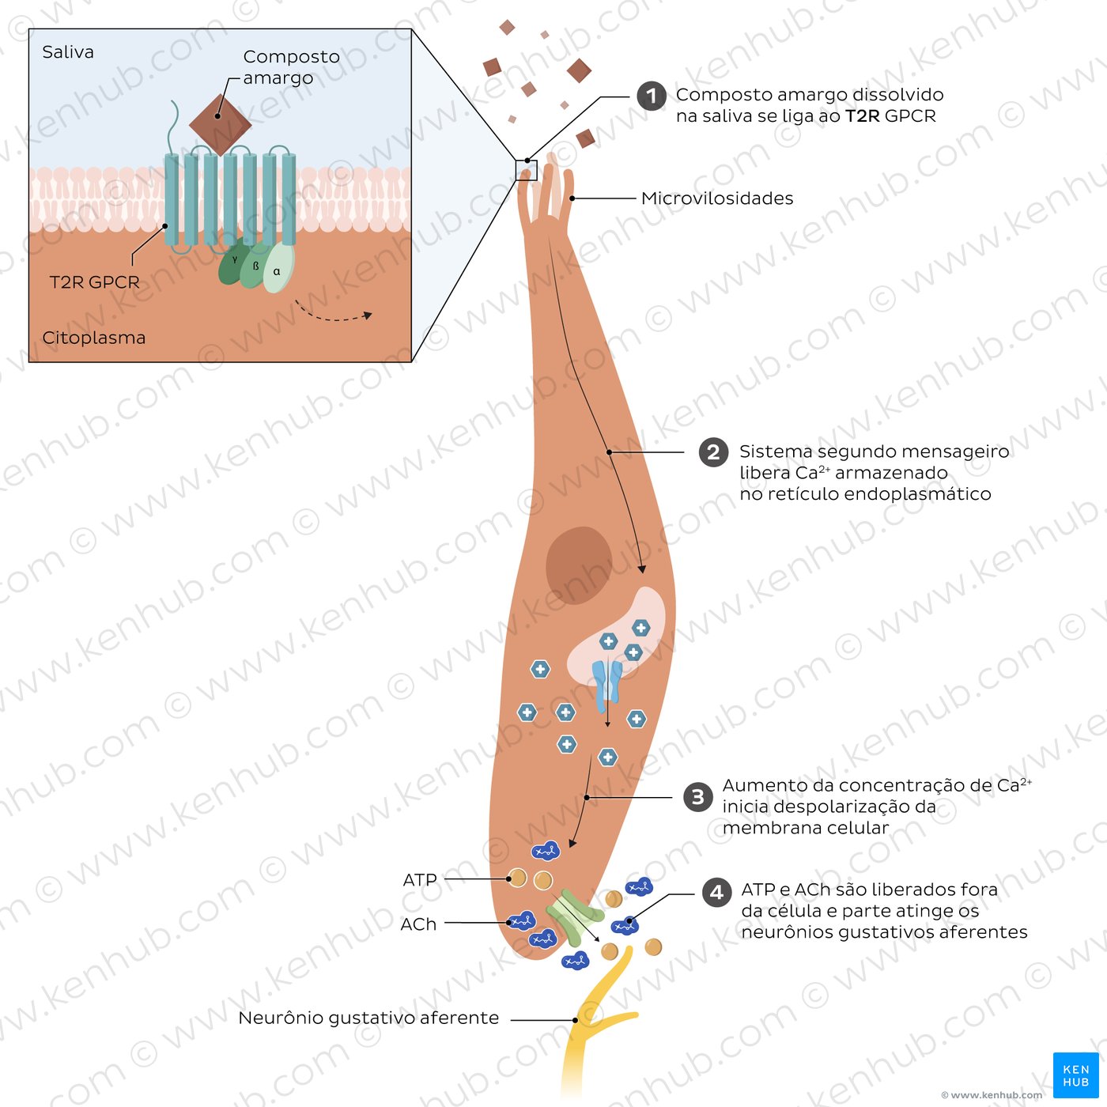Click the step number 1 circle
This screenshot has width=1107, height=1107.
[x=652, y=96]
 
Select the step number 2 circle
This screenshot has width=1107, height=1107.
[x=713, y=452]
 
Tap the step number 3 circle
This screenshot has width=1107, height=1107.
[x=697, y=797]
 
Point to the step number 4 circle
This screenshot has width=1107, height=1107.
[x=716, y=893]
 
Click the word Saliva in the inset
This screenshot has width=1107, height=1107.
[x=68, y=52]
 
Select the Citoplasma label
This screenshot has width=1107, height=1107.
[x=93, y=338]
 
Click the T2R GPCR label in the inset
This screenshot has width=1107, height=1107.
[x=94, y=282]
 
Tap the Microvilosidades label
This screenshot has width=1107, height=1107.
[x=717, y=198]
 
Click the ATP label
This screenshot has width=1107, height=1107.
[x=420, y=880]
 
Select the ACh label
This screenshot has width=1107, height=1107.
[x=418, y=924]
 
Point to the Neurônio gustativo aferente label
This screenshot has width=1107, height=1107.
[x=368, y=1018]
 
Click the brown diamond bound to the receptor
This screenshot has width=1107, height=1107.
[x=220, y=124]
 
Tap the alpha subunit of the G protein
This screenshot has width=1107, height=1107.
[x=278, y=269]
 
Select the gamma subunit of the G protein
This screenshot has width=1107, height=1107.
[x=232, y=263]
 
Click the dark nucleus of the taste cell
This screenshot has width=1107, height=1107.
[x=579, y=565]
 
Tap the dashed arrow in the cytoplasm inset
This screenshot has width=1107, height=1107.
[x=332, y=313]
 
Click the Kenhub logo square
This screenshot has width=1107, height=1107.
[x=1075, y=1075]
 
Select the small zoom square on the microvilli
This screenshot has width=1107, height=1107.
[x=526, y=170]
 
